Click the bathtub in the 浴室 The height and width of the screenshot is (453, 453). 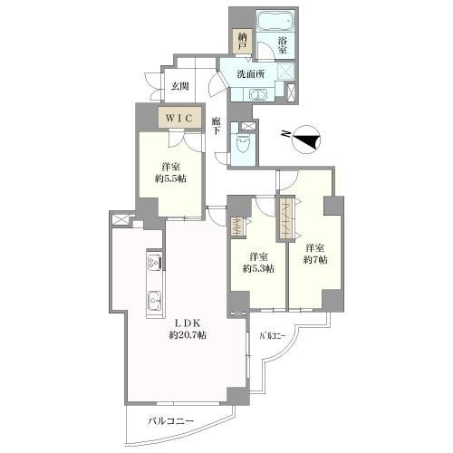pyautogui.click(x=275, y=21)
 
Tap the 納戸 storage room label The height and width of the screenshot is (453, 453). pyautogui.click(x=242, y=42)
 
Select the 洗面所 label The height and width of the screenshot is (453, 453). pyautogui.click(x=251, y=74)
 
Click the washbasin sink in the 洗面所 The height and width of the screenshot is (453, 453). pyautogui.click(x=258, y=94)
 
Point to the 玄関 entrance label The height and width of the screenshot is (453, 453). pyautogui.click(x=180, y=86)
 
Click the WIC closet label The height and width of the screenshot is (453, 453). pyautogui.click(x=179, y=118)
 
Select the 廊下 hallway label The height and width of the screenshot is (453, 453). pyautogui.click(x=216, y=127)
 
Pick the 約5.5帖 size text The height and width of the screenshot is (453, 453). pyautogui.click(x=170, y=178)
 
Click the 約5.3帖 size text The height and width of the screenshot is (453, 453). pyautogui.click(x=258, y=268)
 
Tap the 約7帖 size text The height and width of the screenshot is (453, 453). pyautogui.click(x=315, y=259)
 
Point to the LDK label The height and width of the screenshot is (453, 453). pyautogui.click(x=188, y=323)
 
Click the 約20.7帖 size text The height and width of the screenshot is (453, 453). pyautogui.click(x=188, y=335)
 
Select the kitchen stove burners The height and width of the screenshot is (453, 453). pyautogui.click(x=154, y=262)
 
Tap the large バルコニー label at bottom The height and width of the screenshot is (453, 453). pyautogui.click(x=170, y=421)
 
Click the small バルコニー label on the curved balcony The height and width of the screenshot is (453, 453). pyautogui.click(x=273, y=336)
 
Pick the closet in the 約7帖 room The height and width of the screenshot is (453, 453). pyautogui.click(x=286, y=218)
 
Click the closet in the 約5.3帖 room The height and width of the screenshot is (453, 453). pyautogui.click(x=238, y=226)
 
